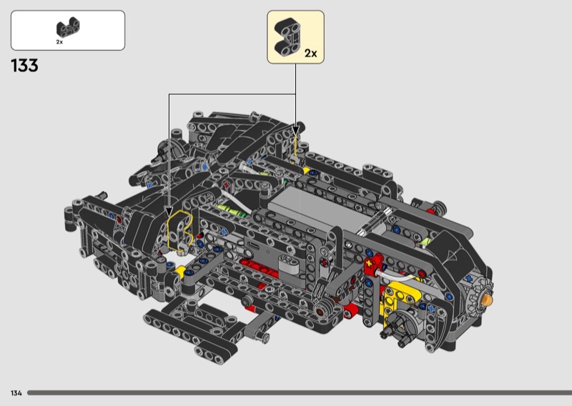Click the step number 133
(24, 66)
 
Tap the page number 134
(16, 393)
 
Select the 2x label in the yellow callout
(311, 54)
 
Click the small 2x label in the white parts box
(59, 42)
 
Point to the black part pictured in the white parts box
(68, 27)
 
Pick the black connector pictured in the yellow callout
(287, 38)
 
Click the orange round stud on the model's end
(487, 299)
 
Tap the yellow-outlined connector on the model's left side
(179, 232)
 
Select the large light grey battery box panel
(321, 209)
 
